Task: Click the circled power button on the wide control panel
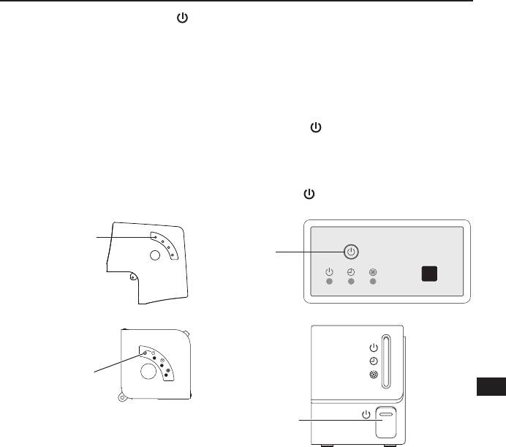[352, 252]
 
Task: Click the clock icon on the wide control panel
[351, 272]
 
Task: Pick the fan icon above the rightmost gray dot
[373, 272]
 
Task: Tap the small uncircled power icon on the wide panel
[329, 272]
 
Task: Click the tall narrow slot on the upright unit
[387, 359]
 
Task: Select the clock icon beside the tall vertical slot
[374, 361]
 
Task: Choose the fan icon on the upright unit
[374, 375]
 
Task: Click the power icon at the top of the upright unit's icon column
[374, 348]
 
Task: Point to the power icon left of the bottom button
[366, 415]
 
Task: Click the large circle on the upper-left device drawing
[155, 256]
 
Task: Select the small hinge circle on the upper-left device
[132, 277]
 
